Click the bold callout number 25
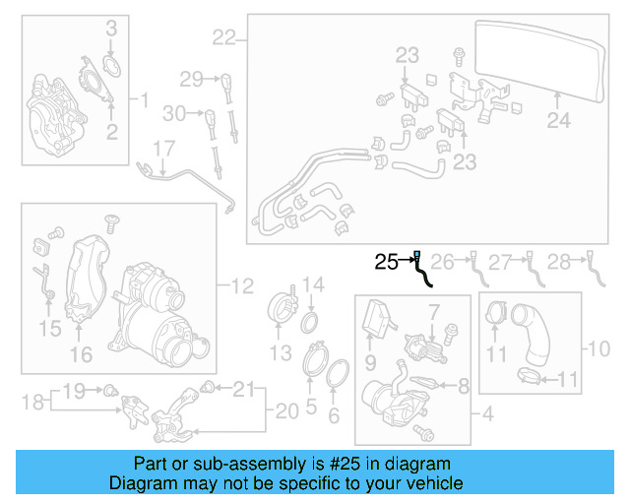point(385,262)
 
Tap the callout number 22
point(224,38)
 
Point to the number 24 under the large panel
point(558,122)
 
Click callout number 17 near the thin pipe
point(162,149)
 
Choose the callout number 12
point(242,286)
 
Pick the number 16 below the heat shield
point(81,353)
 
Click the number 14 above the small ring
point(312,286)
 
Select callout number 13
point(282,352)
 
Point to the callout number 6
point(333,416)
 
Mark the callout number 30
point(174,114)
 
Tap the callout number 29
point(190,78)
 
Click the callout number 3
point(111,28)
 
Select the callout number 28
point(559,262)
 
